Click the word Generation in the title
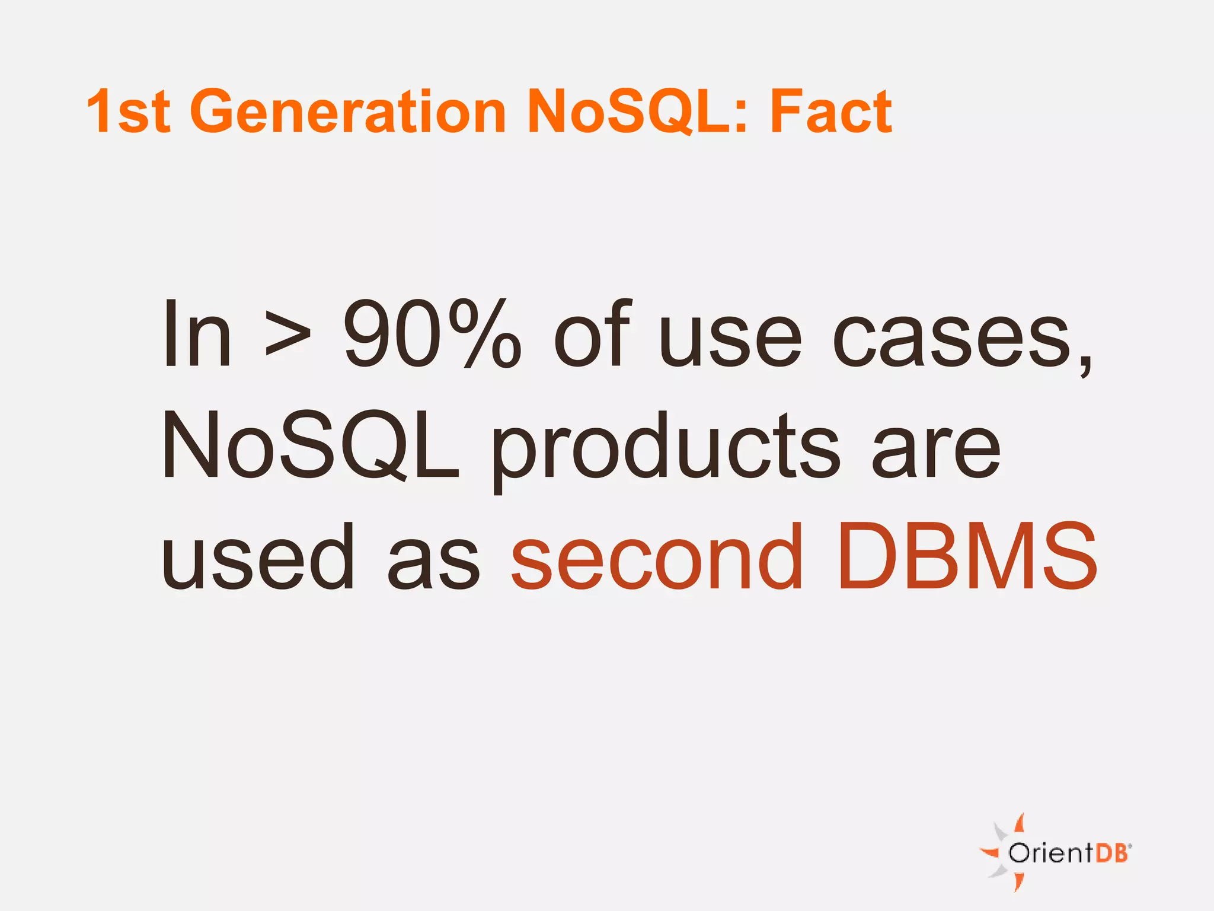click(348, 111)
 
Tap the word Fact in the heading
click(831, 111)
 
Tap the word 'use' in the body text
click(730, 338)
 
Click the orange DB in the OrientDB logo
click(1113, 853)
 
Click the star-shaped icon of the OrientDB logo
click(1002, 853)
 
